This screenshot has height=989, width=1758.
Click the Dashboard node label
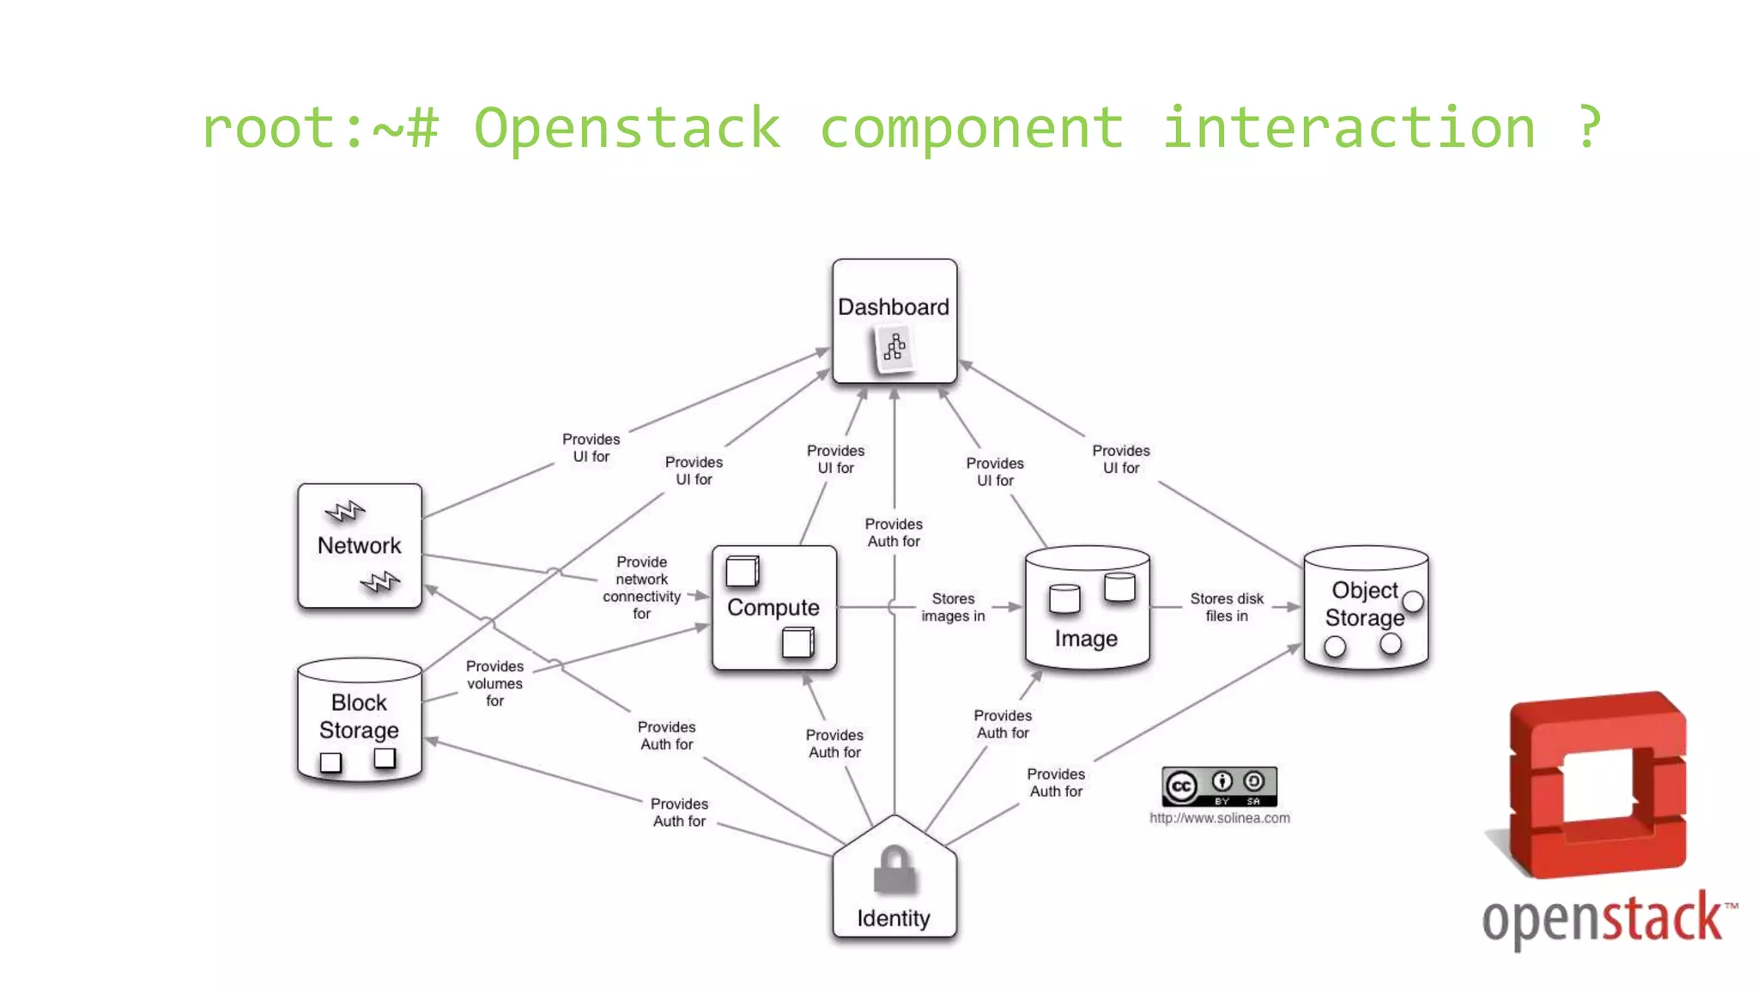(893, 306)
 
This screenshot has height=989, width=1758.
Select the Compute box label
(773, 607)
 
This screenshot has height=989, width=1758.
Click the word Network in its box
(359, 545)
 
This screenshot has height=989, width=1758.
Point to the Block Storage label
(359, 716)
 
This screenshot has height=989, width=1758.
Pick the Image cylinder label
(1086, 639)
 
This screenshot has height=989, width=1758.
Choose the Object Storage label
(1364, 604)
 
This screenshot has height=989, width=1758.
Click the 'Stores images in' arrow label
(953, 607)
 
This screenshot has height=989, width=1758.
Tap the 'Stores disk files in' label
(1226, 607)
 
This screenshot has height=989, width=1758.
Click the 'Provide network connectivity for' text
(641, 587)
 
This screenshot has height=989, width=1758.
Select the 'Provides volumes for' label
(494, 683)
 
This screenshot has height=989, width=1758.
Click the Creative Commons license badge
(1219, 786)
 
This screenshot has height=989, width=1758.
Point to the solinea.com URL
(1219, 818)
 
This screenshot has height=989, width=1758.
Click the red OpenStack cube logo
(1597, 786)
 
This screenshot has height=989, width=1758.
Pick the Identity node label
(893, 919)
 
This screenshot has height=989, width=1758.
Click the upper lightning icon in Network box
(345, 512)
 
